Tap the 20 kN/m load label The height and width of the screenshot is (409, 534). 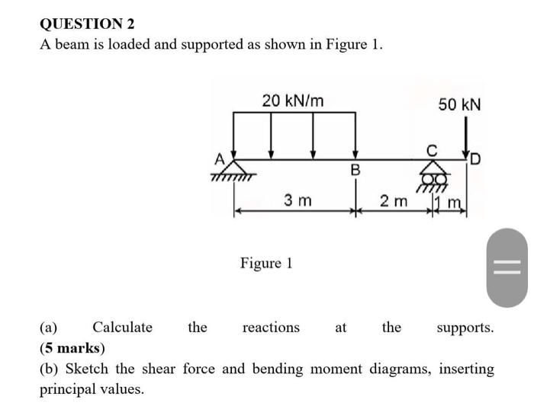pos(292,101)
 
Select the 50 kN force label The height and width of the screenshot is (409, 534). pos(459,104)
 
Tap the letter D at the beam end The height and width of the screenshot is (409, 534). pos(476,159)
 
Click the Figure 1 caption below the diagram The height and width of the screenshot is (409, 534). pos(266,264)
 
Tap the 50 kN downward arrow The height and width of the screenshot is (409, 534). pos(464,142)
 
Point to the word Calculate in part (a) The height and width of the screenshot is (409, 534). pos(122,328)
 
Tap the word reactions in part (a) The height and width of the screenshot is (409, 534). pos(271,328)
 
